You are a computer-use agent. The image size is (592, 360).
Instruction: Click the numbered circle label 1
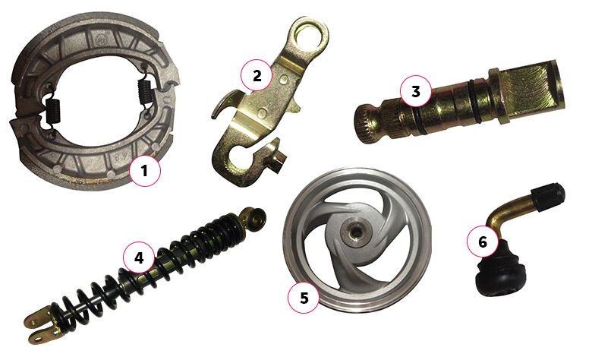pos(145,171)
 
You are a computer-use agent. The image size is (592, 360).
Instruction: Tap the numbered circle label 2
pos(257,75)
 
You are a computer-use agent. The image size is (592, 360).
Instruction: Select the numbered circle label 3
pos(415,91)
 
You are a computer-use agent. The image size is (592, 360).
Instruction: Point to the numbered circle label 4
pos(139,258)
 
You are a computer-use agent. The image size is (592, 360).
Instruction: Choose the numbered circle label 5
pos(304,298)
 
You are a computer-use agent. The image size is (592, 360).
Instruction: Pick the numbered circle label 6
pos(483,242)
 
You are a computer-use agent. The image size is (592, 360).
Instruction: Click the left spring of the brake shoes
pos(52,112)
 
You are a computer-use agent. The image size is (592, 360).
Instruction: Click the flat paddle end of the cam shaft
pos(533,90)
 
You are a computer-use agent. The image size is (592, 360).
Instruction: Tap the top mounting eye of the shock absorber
pos(253,217)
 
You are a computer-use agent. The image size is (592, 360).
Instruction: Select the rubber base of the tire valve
pos(499,271)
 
